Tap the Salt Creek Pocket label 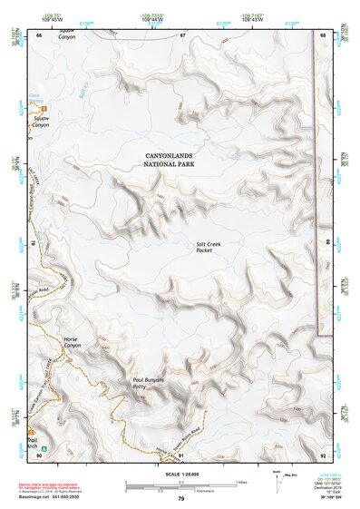coord(209,247)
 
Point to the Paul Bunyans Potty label coord(148,384)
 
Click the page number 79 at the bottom coord(180,499)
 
